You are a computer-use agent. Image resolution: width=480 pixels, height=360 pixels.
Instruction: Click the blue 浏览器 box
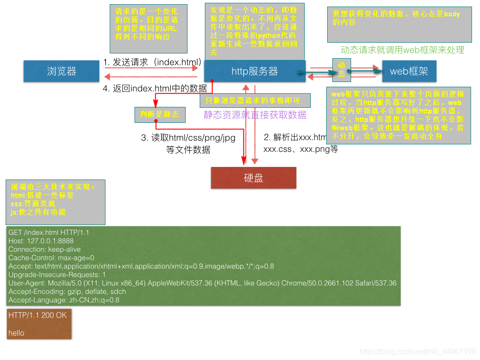[61, 71]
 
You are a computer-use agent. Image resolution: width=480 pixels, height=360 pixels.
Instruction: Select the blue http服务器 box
[255, 71]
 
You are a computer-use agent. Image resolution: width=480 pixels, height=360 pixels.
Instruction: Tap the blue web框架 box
[408, 71]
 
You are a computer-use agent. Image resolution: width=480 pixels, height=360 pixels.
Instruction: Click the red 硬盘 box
[254, 178]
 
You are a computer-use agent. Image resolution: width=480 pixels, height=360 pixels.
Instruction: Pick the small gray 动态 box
[341, 69]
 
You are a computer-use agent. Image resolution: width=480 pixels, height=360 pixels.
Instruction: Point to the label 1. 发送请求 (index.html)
[153, 62]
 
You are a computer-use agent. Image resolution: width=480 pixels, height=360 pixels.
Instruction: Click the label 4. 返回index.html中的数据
[155, 88]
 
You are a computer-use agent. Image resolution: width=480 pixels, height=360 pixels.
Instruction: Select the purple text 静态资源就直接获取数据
[255, 115]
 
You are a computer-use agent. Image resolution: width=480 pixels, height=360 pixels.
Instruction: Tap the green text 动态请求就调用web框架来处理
[402, 50]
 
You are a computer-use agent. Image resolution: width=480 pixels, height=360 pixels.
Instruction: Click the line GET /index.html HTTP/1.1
[49, 232]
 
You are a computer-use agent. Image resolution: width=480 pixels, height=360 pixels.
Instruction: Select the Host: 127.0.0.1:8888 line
[41, 241]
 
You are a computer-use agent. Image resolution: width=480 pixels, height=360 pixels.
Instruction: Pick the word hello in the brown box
[16, 333]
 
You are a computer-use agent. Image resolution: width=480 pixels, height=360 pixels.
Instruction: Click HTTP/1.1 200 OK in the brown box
[37, 315]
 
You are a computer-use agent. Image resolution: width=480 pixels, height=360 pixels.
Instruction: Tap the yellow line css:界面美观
[33, 204]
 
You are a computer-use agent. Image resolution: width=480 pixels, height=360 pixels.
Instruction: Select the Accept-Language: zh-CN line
[64, 300]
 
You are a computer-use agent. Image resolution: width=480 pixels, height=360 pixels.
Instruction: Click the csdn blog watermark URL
[418, 351]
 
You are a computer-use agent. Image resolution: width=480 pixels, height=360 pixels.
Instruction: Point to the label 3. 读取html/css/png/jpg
[188, 138]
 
